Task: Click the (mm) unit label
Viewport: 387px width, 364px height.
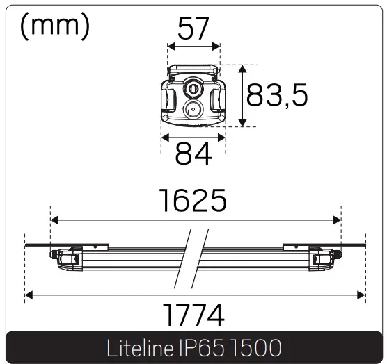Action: click(56, 26)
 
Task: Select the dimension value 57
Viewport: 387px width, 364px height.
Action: click(194, 28)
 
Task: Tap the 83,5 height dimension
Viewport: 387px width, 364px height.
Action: click(277, 96)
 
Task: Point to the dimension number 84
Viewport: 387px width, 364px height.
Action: click(193, 154)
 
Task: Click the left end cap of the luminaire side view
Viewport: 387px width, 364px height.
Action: click(68, 258)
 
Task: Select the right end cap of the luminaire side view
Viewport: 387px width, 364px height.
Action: click(323, 258)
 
